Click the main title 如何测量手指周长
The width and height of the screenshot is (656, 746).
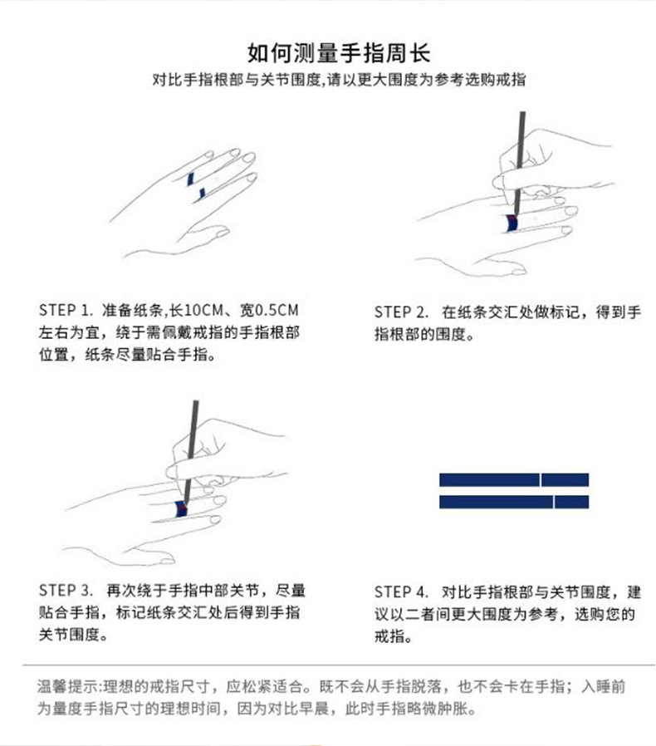pyautogui.click(x=339, y=53)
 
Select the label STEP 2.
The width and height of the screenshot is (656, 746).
pyautogui.click(x=401, y=312)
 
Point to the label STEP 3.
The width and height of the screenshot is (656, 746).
pyautogui.click(x=66, y=591)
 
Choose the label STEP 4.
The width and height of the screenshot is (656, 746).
pyautogui.click(x=401, y=592)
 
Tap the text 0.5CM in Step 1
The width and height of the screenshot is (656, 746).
pyautogui.click(x=277, y=310)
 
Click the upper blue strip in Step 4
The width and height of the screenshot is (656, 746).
pyautogui.click(x=514, y=479)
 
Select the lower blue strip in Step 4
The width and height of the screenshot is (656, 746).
pyautogui.click(x=514, y=502)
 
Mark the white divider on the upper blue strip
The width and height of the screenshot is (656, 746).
pyautogui.click(x=541, y=479)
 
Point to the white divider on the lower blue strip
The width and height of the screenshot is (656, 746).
pyautogui.click(x=554, y=502)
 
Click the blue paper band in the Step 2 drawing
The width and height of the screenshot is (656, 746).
pyautogui.click(x=512, y=223)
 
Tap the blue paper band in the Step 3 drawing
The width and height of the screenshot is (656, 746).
pyautogui.click(x=181, y=508)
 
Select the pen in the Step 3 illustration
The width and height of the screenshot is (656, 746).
pyautogui.click(x=190, y=452)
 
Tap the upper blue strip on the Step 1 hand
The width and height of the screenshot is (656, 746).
pyautogui.click(x=190, y=179)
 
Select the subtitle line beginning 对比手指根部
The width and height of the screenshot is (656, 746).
pyautogui.click(x=339, y=80)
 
